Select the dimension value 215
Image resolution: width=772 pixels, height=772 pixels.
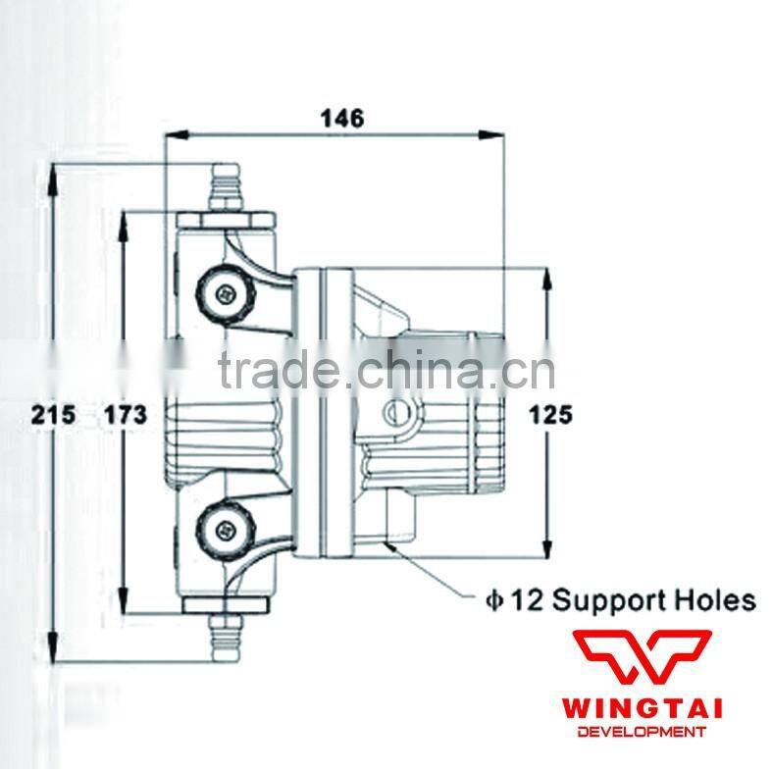pos(53,415)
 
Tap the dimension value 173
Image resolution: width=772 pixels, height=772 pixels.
pos(126,415)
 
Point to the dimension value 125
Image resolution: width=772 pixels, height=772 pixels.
pos(549,415)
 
